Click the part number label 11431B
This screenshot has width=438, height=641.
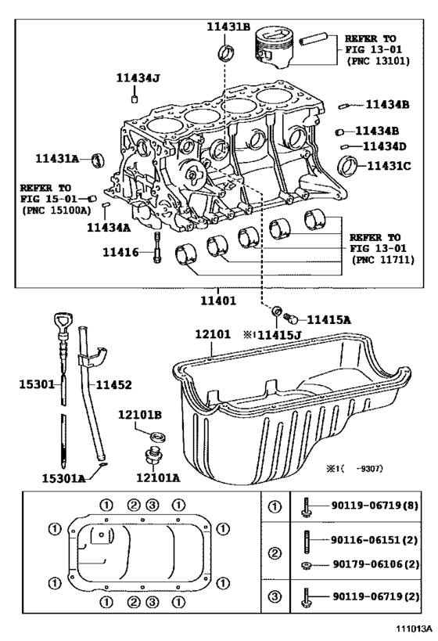[x=228, y=27]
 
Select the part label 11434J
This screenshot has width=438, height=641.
[x=138, y=77]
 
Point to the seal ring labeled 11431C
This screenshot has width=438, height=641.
[x=348, y=166]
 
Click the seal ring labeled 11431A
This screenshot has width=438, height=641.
[x=97, y=160]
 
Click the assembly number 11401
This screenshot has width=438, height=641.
[x=218, y=301]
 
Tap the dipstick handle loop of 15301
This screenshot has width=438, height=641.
[x=62, y=322]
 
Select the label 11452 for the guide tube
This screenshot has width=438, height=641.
[x=114, y=385]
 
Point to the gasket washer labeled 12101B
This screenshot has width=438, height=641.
[x=158, y=436]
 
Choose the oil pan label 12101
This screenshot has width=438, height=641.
[x=213, y=334]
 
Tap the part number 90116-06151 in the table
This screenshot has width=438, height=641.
[x=365, y=540]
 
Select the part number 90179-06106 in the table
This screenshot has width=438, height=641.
[x=367, y=564]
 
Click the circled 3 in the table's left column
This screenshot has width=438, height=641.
[x=275, y=596]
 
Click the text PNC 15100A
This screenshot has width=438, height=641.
[x=56, y=211]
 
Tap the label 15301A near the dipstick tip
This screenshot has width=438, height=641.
[x=63, y=478]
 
